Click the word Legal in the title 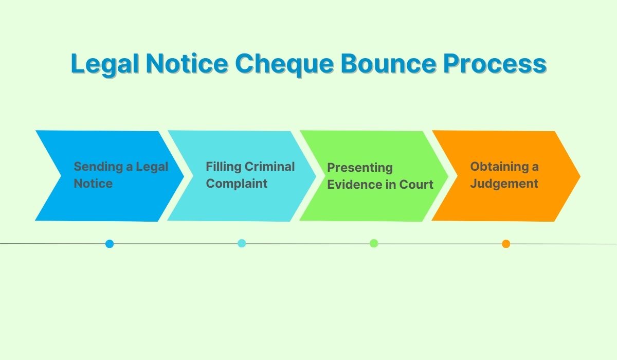pyautogui.click(x=105, y=64)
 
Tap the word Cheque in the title pyautogui.click(x=284, y=64)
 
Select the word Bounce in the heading pyautogui.click(x=388, y=63)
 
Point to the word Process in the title pyautogui.click(x=495, y=63)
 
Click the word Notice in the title pyautogui.click(x=187, y=63)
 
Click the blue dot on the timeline pyautogui.click(x=110, y=244)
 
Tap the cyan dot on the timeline pyautogui.click(x=242, y=243)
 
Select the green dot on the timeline pyautogui.click(x=374, y=243)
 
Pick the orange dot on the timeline pyautogui.click(x=506, y=244)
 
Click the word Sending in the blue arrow pyautogui.click(x=98, y=167)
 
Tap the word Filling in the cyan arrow pyautogui.click(x=224, y=167)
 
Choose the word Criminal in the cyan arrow pyautogui.click(x=269, y=166)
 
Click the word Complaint pyautogui.click(x=237, y=184)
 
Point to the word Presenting pyautogui.click(x=360, y=168)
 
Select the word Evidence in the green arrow pyautogui.click(x=354, y=184)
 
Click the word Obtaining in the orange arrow pyautogui.click(x=499, y=167)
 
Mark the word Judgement pyautogui.click(x=504, y=184)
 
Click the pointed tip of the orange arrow pyautogui.click(x=580, y=176)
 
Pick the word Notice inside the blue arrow pyautogui.click(x=93, y=184)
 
